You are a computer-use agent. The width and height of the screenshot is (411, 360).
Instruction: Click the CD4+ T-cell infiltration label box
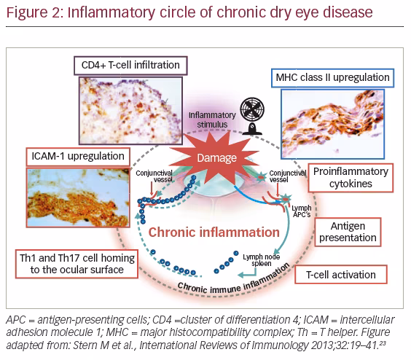[130, 66]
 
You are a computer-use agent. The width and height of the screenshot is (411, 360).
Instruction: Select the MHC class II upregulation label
[332, 78]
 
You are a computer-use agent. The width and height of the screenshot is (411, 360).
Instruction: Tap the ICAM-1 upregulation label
[78, 157]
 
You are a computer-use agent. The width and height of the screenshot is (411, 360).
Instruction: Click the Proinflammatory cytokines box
[351, 178]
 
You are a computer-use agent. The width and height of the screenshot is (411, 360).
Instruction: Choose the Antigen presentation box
[348, 232]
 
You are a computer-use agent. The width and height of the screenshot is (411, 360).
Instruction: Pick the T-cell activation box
[341, 275]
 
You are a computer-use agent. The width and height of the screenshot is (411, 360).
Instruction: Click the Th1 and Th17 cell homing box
[77, 264]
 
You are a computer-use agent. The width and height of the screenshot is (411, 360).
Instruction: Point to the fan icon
[252, 116]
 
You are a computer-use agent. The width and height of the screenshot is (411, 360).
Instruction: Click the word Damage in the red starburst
[216, 158]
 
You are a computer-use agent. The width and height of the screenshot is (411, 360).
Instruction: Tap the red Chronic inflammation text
[214, 232]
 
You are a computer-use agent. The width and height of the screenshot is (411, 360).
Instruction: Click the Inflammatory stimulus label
[212, 120]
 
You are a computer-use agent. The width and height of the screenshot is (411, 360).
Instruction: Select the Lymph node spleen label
[261, 260]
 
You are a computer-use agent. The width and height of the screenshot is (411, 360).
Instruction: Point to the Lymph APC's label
[302, 211]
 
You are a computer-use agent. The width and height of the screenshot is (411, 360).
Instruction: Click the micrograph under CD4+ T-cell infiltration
[130, 111]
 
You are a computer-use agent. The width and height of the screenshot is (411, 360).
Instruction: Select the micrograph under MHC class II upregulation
[332, 124]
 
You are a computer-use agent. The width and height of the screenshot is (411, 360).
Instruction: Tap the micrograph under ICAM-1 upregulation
[78, 197]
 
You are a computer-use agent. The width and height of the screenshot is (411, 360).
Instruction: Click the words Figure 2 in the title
[34, 12]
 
